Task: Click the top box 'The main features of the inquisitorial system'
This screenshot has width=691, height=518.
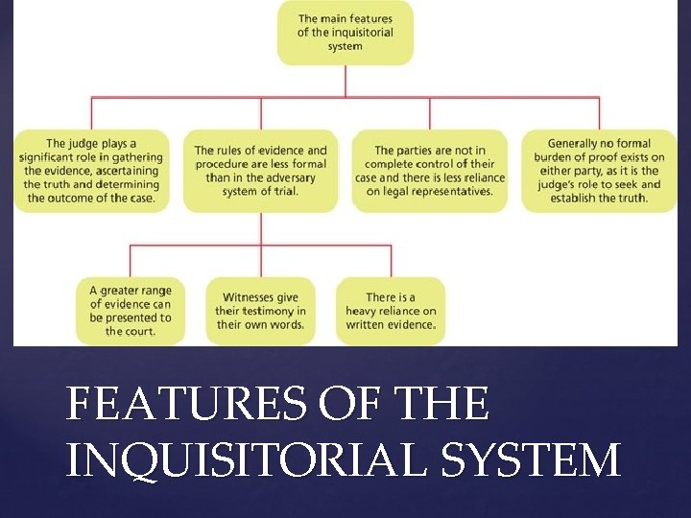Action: (345, 33)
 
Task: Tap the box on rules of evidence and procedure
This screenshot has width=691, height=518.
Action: (261, 171)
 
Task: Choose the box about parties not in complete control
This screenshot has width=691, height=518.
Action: (430, 171)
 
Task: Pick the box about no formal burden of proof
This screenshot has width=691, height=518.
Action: (599, 171)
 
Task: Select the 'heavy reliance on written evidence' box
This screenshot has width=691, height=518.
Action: (391, 311)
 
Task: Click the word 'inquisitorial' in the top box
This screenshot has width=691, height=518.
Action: (360, 33)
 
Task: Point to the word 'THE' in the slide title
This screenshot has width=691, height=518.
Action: (447, 405)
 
